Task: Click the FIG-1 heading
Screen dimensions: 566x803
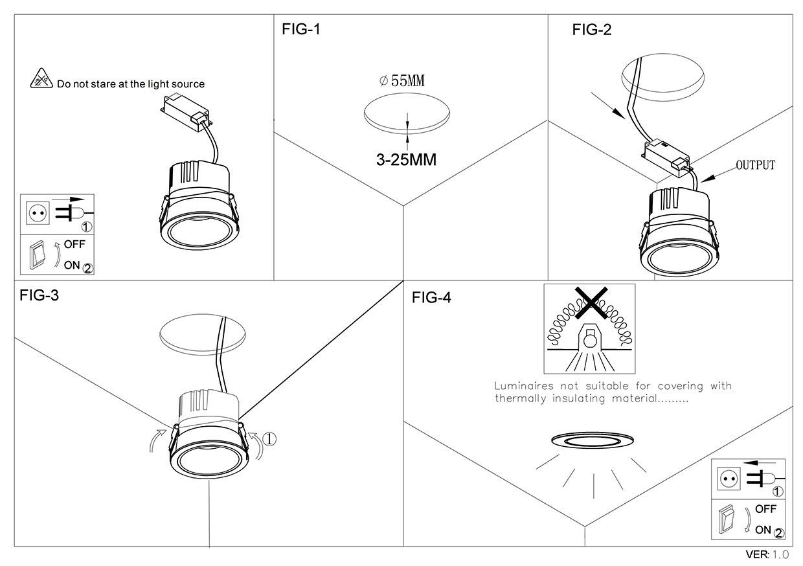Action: point(301,29)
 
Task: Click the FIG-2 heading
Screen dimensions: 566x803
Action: point(591,30)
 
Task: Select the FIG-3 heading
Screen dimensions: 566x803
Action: point(40,296)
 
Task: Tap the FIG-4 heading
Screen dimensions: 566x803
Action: point(431,298)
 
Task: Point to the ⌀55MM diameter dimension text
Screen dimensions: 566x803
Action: point(402,82)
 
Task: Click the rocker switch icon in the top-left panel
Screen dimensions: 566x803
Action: point(36,255)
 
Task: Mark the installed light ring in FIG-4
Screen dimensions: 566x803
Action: point(593,441)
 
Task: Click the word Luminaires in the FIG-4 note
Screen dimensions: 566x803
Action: point(521,386)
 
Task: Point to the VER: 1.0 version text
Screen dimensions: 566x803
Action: point(767,555)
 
